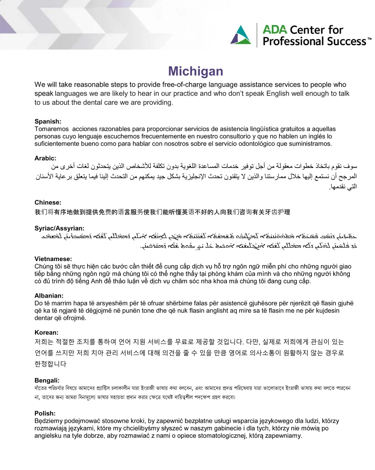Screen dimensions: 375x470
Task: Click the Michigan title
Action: [x=196, y=71]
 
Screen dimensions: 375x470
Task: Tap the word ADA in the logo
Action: [x=275, y=29]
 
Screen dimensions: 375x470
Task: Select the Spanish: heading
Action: [x=48, y=121]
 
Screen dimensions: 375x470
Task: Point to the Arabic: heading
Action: [x=46, y=158]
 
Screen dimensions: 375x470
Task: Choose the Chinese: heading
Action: [x=48, y=202]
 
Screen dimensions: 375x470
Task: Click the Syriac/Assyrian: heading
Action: [x=59, y=228]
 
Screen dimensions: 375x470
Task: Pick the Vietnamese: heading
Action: [x=53, y=259]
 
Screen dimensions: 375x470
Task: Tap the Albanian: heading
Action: [x=49, y=296]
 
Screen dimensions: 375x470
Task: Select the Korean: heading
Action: [x=46, y=333]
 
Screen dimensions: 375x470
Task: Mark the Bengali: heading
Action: [x=47, y=381]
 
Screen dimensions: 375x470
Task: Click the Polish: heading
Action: [x=45, y=413]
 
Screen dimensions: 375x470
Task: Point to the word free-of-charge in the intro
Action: [x=184, y=85]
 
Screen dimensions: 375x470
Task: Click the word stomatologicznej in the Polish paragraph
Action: [x=220, y=436]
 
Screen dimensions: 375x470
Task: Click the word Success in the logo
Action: [x=346, y=41]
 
